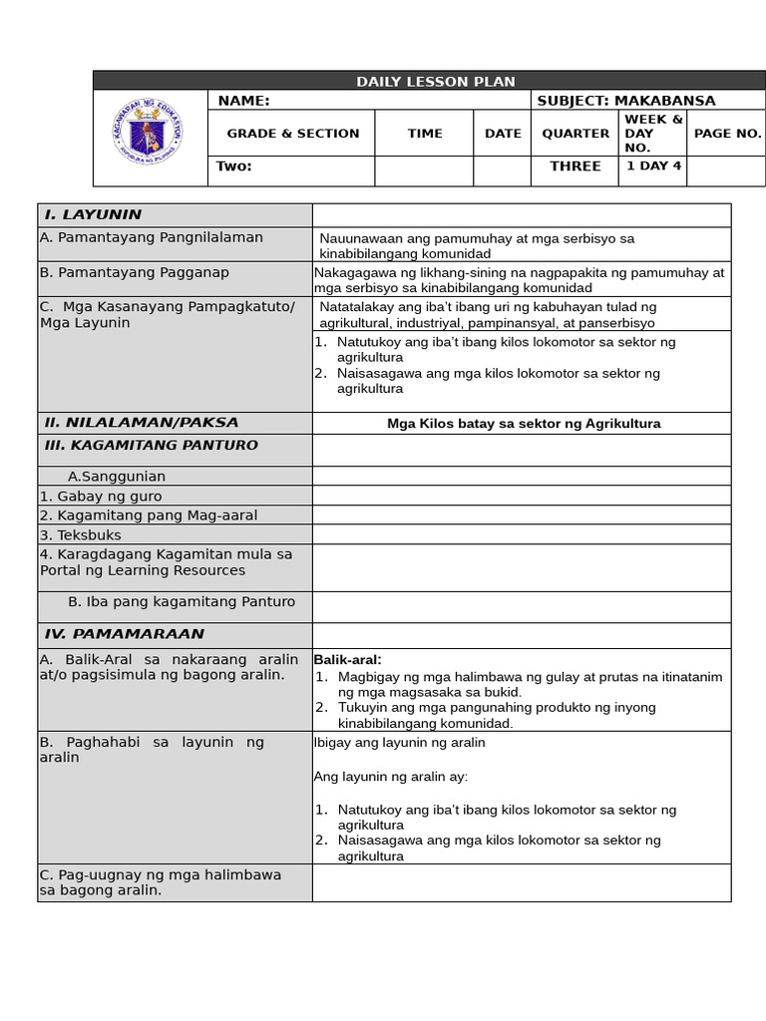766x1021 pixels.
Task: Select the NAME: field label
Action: click(243, 101)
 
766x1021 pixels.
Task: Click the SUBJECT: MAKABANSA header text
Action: click(625, 101)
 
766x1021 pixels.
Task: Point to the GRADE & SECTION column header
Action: click(293, 134)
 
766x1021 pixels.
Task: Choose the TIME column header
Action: click(425, 134)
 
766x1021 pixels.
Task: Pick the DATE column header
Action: click(503, 134)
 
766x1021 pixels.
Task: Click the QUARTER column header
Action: click(575, 134)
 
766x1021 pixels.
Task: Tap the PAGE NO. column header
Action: click(727, 134)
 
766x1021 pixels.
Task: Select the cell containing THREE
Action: click(575, 167)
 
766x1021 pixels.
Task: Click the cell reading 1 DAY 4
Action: click(653, 167)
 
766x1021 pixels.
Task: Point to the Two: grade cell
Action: click(234, 167)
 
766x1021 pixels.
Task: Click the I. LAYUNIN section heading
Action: click(93, 214)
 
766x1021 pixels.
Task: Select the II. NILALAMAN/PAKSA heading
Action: click(141, 423)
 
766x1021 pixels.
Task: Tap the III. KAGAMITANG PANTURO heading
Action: click(151, 445)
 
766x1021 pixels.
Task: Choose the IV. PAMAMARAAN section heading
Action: click(124, 634)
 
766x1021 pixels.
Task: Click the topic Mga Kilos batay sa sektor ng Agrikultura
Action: click(524, 424)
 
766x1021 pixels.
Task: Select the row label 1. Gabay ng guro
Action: click(100, 497)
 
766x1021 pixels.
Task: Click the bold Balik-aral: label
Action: click(347, 660)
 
